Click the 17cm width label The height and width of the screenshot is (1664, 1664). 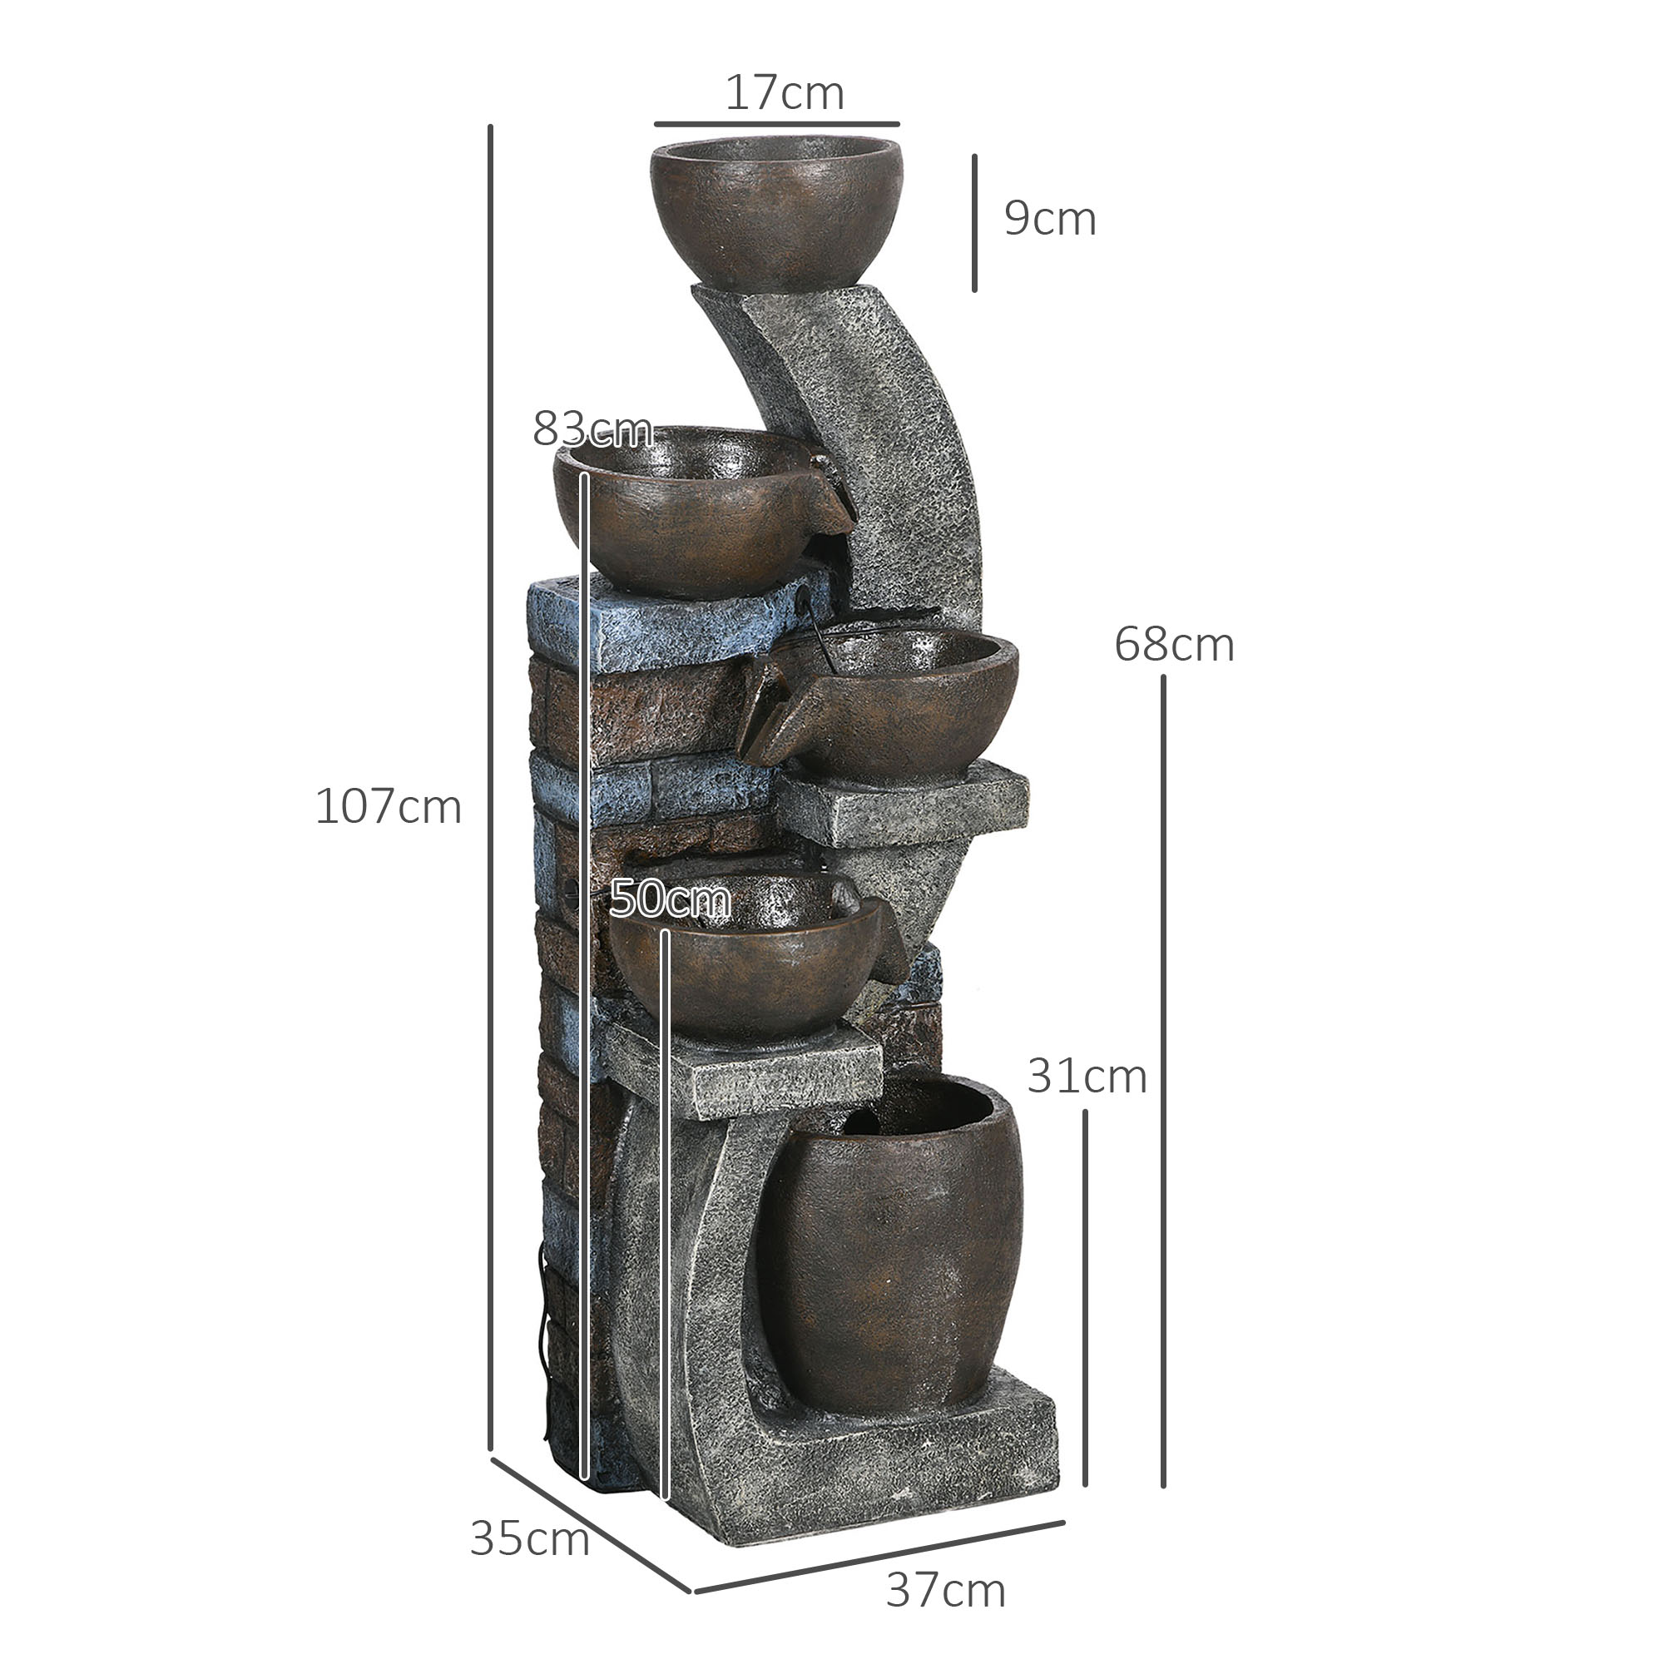(x=784, y=93)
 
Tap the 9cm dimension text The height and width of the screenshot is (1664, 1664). (x=1049, y=219)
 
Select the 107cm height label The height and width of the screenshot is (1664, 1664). (x=389, y=807)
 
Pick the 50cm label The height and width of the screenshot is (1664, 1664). (x=669, y=899)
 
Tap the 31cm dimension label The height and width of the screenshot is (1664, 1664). (x=1086, y=1076)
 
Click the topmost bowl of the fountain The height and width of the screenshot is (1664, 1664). (x=776, y=211)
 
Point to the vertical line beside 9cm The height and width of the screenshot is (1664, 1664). (x=974, y=223)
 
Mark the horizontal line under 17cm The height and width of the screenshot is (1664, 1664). (x=776, y=125)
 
